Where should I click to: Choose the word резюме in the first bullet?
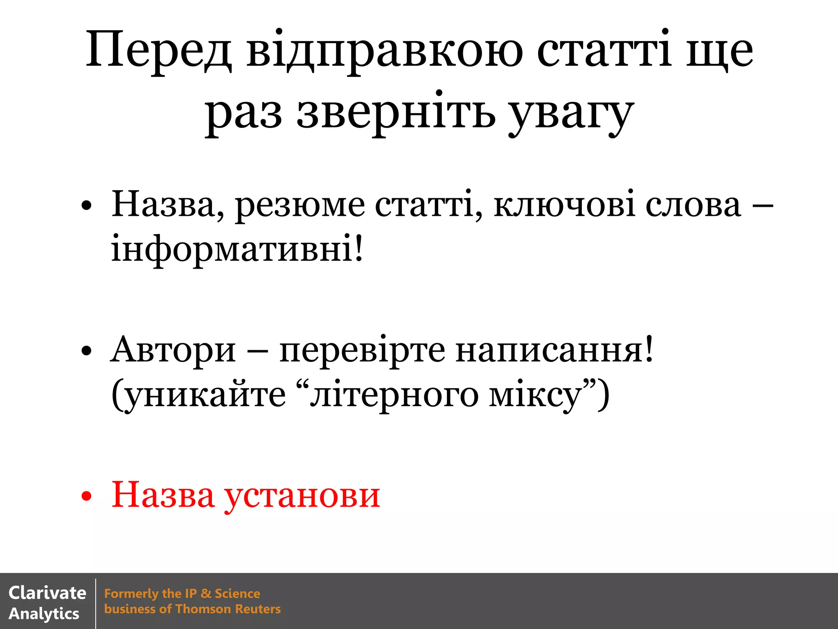tap(300, 205)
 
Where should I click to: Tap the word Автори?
tap(173, 350)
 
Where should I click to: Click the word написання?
tap(554, 350)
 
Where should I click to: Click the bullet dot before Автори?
tap(86, 351)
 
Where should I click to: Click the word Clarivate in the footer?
tap(47, 593)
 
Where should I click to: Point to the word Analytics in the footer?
tap(44, 614)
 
